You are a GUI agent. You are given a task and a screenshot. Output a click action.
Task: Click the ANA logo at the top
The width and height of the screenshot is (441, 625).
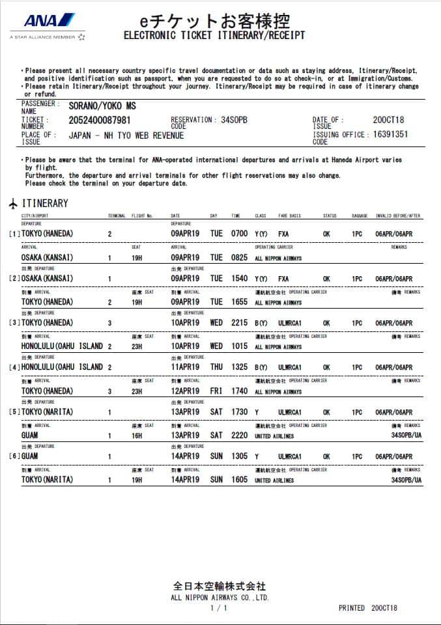49,21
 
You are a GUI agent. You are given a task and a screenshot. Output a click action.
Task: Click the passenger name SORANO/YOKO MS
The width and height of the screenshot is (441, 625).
102,106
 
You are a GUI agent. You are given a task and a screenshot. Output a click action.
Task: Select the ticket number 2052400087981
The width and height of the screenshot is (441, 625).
99,120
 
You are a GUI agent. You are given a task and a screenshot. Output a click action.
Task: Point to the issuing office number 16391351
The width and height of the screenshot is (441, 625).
390,135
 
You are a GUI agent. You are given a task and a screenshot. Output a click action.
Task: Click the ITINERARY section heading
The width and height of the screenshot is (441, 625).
45,203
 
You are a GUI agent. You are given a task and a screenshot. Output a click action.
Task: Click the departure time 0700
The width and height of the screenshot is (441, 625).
239,234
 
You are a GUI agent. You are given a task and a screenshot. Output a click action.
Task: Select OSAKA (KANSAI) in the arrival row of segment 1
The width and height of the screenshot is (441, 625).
47,257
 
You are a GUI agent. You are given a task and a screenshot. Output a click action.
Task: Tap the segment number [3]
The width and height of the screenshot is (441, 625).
14,323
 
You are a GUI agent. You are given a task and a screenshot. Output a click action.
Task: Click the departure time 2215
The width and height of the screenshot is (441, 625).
239,323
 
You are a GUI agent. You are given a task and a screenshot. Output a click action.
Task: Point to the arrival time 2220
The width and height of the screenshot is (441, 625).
239,436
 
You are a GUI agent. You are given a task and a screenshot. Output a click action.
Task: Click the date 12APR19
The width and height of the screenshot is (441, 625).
185,391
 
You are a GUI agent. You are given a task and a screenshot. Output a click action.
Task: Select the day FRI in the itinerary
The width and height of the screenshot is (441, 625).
216,391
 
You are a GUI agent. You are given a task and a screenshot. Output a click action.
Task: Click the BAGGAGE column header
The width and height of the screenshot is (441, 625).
360,216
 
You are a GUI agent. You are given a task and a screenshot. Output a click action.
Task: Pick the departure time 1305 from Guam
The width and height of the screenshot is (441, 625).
239,457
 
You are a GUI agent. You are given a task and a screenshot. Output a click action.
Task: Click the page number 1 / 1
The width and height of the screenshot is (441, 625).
219,608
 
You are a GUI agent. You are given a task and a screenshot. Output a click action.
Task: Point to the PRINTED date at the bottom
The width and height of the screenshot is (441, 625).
367,608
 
